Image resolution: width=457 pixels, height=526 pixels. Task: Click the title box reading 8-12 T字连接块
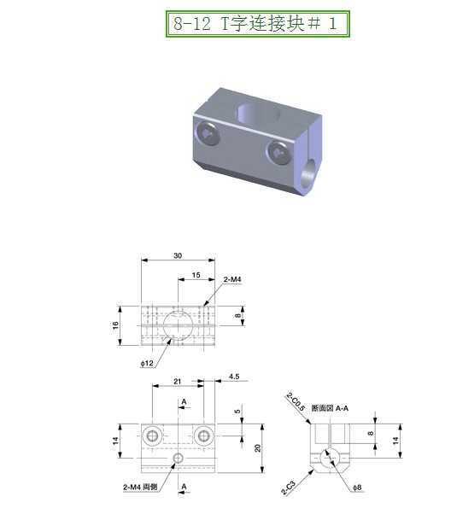[257, 23]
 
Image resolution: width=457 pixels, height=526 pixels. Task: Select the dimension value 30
[178, 254]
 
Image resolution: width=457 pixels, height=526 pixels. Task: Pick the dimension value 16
[115, 325]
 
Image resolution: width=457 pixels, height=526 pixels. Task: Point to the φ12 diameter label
[147, 364]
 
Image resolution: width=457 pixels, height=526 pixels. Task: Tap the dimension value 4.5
[233, 375]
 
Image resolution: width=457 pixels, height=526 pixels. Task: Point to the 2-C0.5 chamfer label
[293, 400]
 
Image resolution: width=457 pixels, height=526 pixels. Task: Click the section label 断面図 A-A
[330, 408]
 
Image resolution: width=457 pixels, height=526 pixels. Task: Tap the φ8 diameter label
[355, 488]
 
